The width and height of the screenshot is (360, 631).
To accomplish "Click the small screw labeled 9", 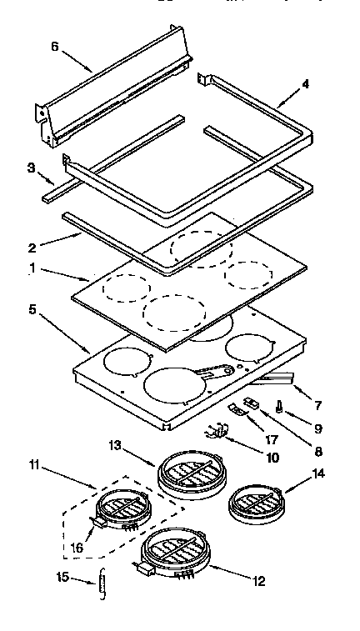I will (279, 408).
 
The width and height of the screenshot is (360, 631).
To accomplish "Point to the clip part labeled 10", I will (217, 431).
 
